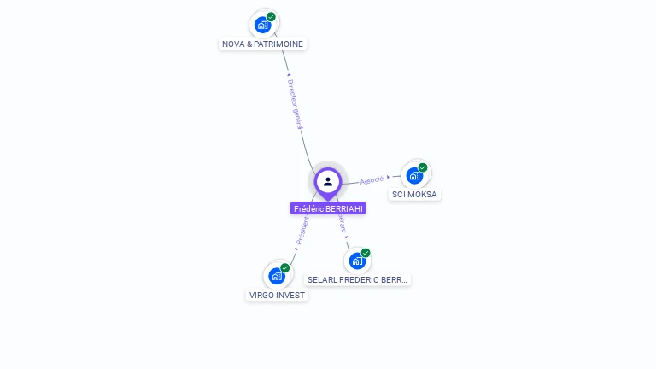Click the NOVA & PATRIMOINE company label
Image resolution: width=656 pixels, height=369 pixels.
point(262,44)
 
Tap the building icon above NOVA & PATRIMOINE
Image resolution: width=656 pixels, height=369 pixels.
point(262,25)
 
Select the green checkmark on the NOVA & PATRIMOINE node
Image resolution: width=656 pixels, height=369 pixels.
point(271,17)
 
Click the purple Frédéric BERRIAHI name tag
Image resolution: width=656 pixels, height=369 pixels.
point(328,208)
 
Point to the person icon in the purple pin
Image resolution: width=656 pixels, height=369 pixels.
point(328,181)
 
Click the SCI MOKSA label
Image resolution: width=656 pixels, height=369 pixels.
point(414,194)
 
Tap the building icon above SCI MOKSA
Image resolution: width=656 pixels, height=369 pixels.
point(414,176)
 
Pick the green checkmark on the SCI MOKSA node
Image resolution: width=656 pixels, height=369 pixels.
point(423,167)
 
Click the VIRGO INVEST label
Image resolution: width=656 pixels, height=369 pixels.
point(277,295)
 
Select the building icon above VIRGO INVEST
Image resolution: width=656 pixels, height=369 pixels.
point(276,276)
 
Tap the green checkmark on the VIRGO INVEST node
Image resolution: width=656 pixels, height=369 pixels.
point(285,268)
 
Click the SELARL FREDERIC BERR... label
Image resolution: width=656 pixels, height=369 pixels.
point(358,279)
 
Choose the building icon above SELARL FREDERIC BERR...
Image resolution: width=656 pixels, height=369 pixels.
point(357,261)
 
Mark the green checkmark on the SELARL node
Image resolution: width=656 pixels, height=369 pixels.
point(366,253)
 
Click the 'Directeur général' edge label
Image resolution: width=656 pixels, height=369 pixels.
point(296,104)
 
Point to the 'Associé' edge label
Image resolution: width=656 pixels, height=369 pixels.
point(372,180)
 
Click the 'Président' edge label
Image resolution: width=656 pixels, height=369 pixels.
point(302,231)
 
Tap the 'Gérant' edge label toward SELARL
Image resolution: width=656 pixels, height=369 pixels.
point(342,224)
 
